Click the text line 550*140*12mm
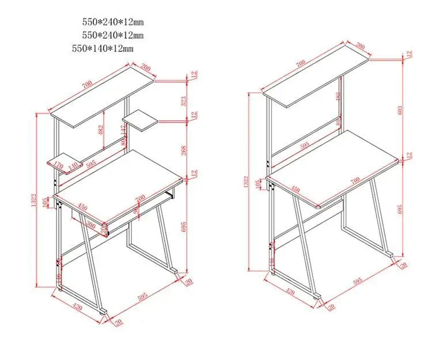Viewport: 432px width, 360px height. (103, 48)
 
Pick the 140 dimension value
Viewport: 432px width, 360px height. (73, 166)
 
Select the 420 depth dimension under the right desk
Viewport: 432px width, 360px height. (290, 293)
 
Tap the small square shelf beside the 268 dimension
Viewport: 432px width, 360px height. (142, 120)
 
